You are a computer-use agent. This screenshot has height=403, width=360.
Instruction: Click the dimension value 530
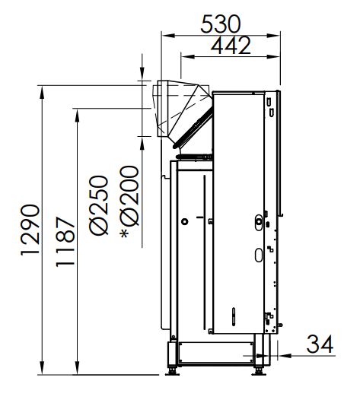[220, 24]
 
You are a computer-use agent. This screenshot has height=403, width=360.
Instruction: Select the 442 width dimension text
[231, 45]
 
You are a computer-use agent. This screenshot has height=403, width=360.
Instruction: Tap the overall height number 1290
[30, 230]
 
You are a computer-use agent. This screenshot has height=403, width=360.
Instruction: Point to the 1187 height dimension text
[65, 242]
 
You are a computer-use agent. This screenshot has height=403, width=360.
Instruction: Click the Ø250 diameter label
[98, 205]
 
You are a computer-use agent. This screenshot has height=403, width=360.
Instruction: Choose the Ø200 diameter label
[129, 196]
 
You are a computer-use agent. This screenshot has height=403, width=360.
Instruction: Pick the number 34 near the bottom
[320, 344]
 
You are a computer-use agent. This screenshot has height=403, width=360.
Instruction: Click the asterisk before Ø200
[125, 233]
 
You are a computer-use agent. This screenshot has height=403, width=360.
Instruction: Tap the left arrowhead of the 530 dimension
[168, 36]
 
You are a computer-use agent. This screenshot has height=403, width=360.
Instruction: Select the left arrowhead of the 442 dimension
[187, 56]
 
